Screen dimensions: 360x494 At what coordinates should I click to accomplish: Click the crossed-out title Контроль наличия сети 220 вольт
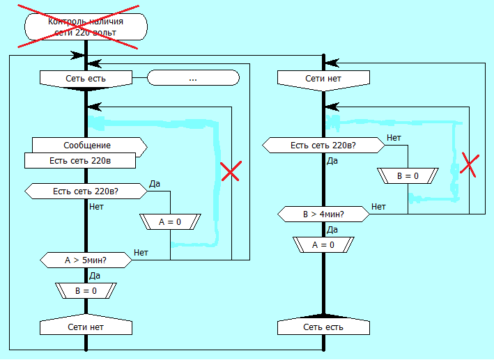[x=86, y=26]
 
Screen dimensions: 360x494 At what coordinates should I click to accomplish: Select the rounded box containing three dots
[x=193, y=79]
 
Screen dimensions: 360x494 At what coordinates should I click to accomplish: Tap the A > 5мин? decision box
[x=86, y=260]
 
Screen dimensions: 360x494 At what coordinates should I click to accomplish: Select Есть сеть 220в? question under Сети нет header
[x=323, y=146]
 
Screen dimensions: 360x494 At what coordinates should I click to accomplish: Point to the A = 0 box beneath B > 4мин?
[x=323, y=244]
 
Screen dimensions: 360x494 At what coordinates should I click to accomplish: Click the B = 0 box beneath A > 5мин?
[x=86, y=290]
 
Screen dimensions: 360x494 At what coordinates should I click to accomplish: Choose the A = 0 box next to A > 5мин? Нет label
[x=170, y=222]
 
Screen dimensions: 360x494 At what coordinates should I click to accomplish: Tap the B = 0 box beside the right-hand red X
[x=408, y=176]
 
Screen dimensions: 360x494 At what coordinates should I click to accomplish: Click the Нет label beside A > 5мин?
[x=141, y=252]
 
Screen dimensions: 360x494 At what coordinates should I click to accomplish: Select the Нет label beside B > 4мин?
[x=378, y=206]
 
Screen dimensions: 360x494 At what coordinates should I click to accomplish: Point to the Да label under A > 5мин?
[x=95, y=275]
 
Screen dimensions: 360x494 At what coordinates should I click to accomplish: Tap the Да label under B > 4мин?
[x=332, y=229]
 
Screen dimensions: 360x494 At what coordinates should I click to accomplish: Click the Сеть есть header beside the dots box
[x=86, y=79]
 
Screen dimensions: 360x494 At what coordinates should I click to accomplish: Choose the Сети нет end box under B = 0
[x=86, y=327]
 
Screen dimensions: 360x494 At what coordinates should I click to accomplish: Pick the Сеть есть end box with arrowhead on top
[x=323, y=327]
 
